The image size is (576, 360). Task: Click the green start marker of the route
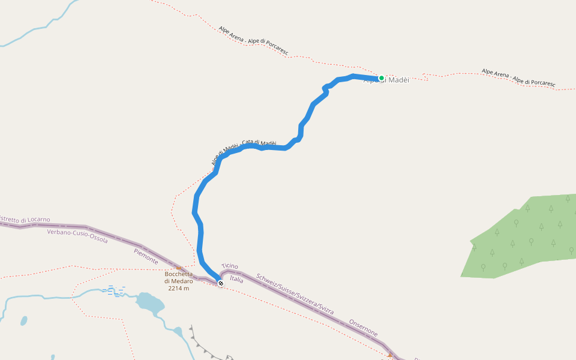pyautogui.click(x=381, y=78)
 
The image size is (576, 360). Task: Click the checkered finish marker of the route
pyautogui.click(x=221, y=283)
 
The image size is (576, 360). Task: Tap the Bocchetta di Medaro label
pyautogui.click(x=178, y=281)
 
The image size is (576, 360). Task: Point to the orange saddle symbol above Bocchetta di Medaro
pyautogui.click(x=179, y=269)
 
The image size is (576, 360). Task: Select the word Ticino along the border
pyautogui.click(x=230, y=266)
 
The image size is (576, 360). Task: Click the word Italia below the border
pyautogui.click(x=237, y=279)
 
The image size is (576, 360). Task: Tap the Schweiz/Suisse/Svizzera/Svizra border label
pyautogui.click(x=295, y=295)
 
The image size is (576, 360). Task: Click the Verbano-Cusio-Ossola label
pyautogui.click(x=77, y=236)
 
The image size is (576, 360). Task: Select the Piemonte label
pyautogui.click(x=146, y=257)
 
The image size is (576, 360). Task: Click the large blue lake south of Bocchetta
pyautogui.click(x=149, y=303)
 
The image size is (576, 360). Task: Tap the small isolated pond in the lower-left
pyautogui.click(x=23, y=321)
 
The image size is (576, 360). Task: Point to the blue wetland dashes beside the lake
pyautogui.click(x=113, y=292)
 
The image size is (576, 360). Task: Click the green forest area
pyautogui.click(x=522, y=237)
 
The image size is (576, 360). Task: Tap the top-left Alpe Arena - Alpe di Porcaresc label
pyautogui.click(x=253, y=41)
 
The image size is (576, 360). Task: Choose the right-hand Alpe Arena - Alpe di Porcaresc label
pyautogui.click(x=518, y=77)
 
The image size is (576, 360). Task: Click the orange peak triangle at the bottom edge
pyautogui.click(x=390, y=355)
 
